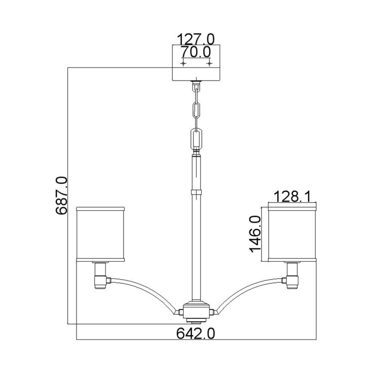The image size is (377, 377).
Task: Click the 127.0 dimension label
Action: coord(195,39)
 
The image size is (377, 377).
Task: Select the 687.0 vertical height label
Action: coord(61,195)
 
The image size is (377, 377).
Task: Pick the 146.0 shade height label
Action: coord(255,235)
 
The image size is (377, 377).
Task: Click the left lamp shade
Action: coord(101,235)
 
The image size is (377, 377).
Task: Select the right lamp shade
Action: coord(291,235)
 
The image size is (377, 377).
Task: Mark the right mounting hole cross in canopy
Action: coord(210,64)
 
